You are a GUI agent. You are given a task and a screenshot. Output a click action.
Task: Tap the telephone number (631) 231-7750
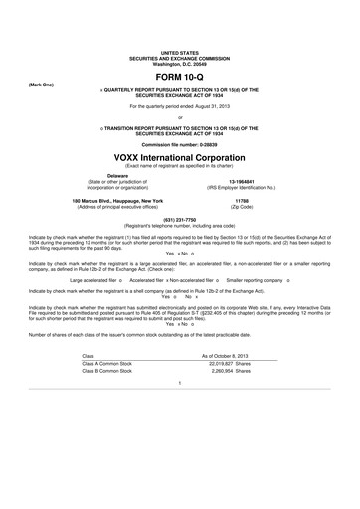point(179,219)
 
